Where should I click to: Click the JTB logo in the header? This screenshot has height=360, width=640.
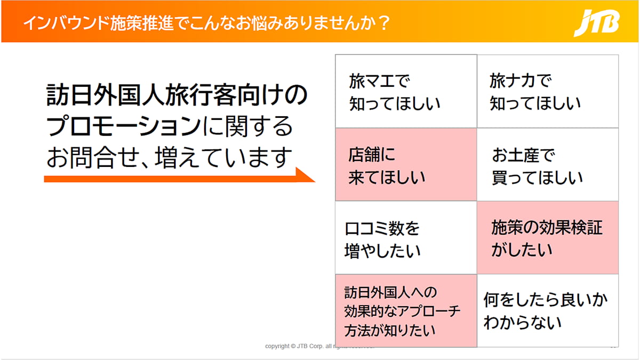(597, 23)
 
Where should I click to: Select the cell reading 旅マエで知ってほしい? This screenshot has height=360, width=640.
(406, 91)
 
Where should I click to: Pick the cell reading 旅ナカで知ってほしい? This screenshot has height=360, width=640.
(548, 91)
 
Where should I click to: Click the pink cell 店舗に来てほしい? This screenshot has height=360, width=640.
(406, 165)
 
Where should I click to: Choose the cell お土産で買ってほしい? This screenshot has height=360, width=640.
(548, 165)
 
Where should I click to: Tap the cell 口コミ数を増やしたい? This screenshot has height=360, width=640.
(406, 238)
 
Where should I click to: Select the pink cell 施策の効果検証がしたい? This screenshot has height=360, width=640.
(548, 238)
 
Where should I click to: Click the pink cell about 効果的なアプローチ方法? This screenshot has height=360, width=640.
(406, 311)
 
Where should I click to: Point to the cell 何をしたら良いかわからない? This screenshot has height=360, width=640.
(548, 311)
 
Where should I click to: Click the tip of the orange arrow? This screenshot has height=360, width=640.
(315, 181)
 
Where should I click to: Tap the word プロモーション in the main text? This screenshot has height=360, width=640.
(123, 126)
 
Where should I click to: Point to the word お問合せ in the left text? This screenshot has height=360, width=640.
(93, 158)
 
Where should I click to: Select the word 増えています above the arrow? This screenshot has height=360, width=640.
(223, 158)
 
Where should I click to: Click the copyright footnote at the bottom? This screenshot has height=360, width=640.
(319, 346)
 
